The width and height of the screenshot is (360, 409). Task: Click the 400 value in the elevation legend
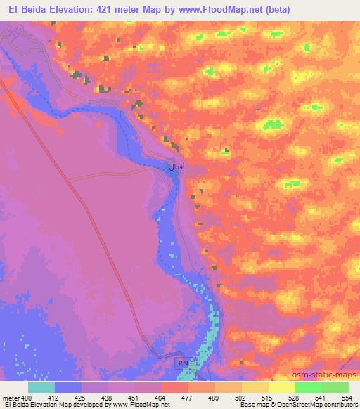tap(27, 398)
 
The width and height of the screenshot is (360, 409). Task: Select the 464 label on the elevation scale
tap(162, 398)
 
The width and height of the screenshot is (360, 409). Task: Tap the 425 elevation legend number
tap(82, 398)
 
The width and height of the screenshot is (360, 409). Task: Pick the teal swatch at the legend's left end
tap(41, 387)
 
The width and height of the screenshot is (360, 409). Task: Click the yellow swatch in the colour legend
tap(281, 387)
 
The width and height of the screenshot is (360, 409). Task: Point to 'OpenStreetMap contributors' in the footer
tap(321, 405)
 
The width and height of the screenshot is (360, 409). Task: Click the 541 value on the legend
tap(321, 398)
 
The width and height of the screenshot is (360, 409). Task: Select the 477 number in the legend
tap(188, 398)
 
